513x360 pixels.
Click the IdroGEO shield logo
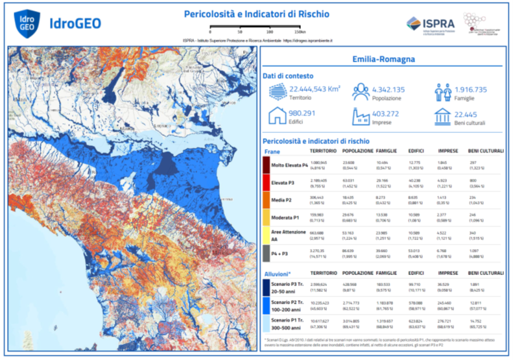(25, 23)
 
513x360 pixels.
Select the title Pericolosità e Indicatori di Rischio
(257, 14)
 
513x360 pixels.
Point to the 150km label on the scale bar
(300, 31)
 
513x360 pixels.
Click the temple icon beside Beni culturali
(443, 117)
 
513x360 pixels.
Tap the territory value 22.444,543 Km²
(315, 90)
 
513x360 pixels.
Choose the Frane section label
(271, 150)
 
